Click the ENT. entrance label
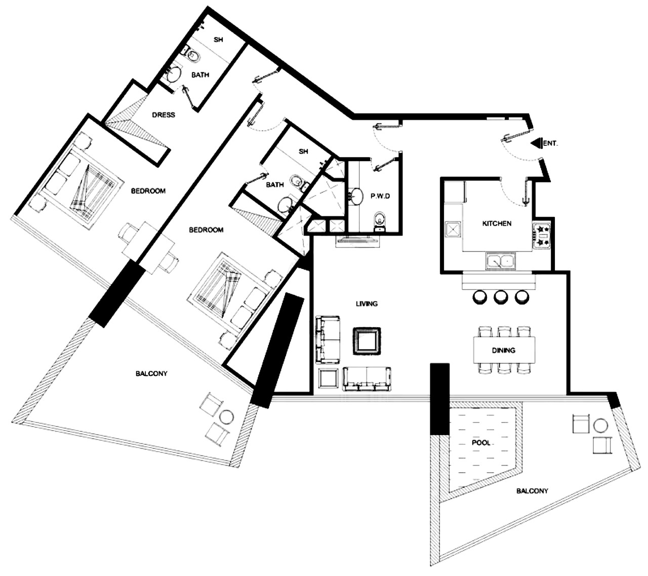[x=550, y=143]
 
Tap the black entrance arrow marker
[x=537, y=143]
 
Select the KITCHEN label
[x=497, y=223]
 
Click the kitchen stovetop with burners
[x=542, y=236]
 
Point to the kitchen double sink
[x=501, y=261]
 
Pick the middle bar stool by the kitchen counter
[x=501, y=297]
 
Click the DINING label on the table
[x=503, y=350]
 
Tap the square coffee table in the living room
[x=367, y=340]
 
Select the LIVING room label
[x=367, y=303]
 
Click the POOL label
[x=481, y=443]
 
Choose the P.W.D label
[x=380, y=196]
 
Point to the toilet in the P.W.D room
[x=380, y=221]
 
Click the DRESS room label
[x=164, y=114]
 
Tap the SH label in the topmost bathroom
[x=218, y=40]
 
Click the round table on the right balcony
[x=600, y=426]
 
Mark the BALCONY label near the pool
[x=532, y=491]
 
